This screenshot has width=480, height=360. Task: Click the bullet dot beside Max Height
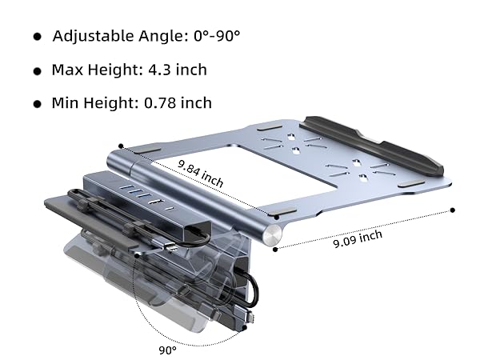click(37, 71)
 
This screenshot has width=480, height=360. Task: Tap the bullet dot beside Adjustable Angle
click(37, 38)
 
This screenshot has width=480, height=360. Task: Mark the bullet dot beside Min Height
click(37, 104)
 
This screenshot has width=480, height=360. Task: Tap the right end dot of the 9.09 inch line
click(452, 210)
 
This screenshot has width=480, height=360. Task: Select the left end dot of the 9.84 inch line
click(121, 146)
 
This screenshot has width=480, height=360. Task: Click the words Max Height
click(88, 70)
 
